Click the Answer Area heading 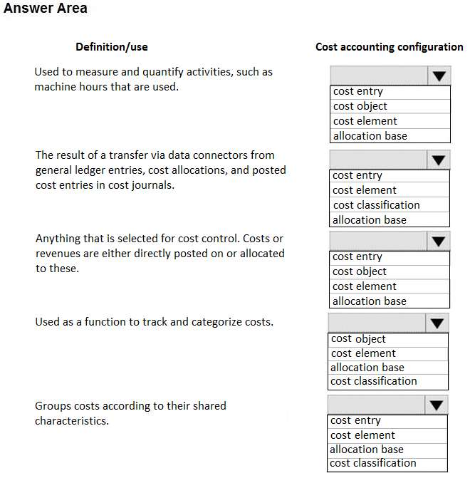tap(46, 9)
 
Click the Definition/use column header tap(112, 47)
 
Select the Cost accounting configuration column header tap(389, 47)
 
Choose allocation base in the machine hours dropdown tap(370, 136)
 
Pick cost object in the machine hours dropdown tap(360, 106)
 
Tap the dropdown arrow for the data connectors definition tap(438, 160)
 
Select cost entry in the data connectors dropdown tap(357, 175)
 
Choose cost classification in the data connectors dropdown tap(376, 205)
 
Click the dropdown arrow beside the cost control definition tap(438, 241)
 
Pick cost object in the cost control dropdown tap(360, 271)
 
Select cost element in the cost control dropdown tap(365, 286)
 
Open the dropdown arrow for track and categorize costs tap(437, 323)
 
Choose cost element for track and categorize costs tap(363, 353)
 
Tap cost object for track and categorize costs tap(358, 339)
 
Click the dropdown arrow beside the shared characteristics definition tap(437, 405)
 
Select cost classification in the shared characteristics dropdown tap(373, 463)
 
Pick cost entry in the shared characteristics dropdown tap(355, 420)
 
